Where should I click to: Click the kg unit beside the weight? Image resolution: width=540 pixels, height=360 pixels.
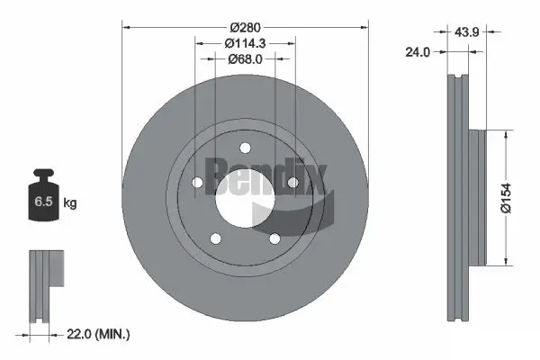point(70,203)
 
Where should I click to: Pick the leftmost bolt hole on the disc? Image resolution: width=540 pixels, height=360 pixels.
point(197,183)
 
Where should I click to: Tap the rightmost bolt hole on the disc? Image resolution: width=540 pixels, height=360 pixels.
point(292,183)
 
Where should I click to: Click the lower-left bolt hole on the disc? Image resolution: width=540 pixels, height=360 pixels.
point(215,238)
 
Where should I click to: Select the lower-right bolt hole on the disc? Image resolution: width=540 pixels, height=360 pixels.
point(274,238)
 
